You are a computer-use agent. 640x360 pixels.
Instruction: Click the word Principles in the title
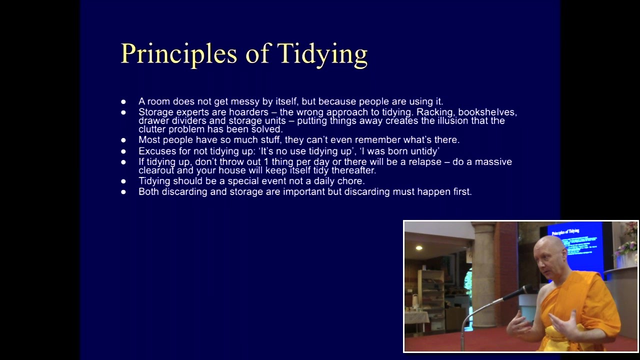point(179,54)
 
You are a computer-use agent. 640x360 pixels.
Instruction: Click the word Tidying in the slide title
point(322,54)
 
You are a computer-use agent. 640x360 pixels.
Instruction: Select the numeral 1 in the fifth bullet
point(266,161)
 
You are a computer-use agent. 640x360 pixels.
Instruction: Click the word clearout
point(156,170)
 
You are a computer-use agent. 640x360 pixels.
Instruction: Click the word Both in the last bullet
point(148,191)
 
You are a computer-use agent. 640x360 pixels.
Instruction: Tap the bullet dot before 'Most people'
point(123,140)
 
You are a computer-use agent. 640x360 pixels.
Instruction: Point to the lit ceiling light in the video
point(419,247)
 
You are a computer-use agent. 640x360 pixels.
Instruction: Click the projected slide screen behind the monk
point(574,245)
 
